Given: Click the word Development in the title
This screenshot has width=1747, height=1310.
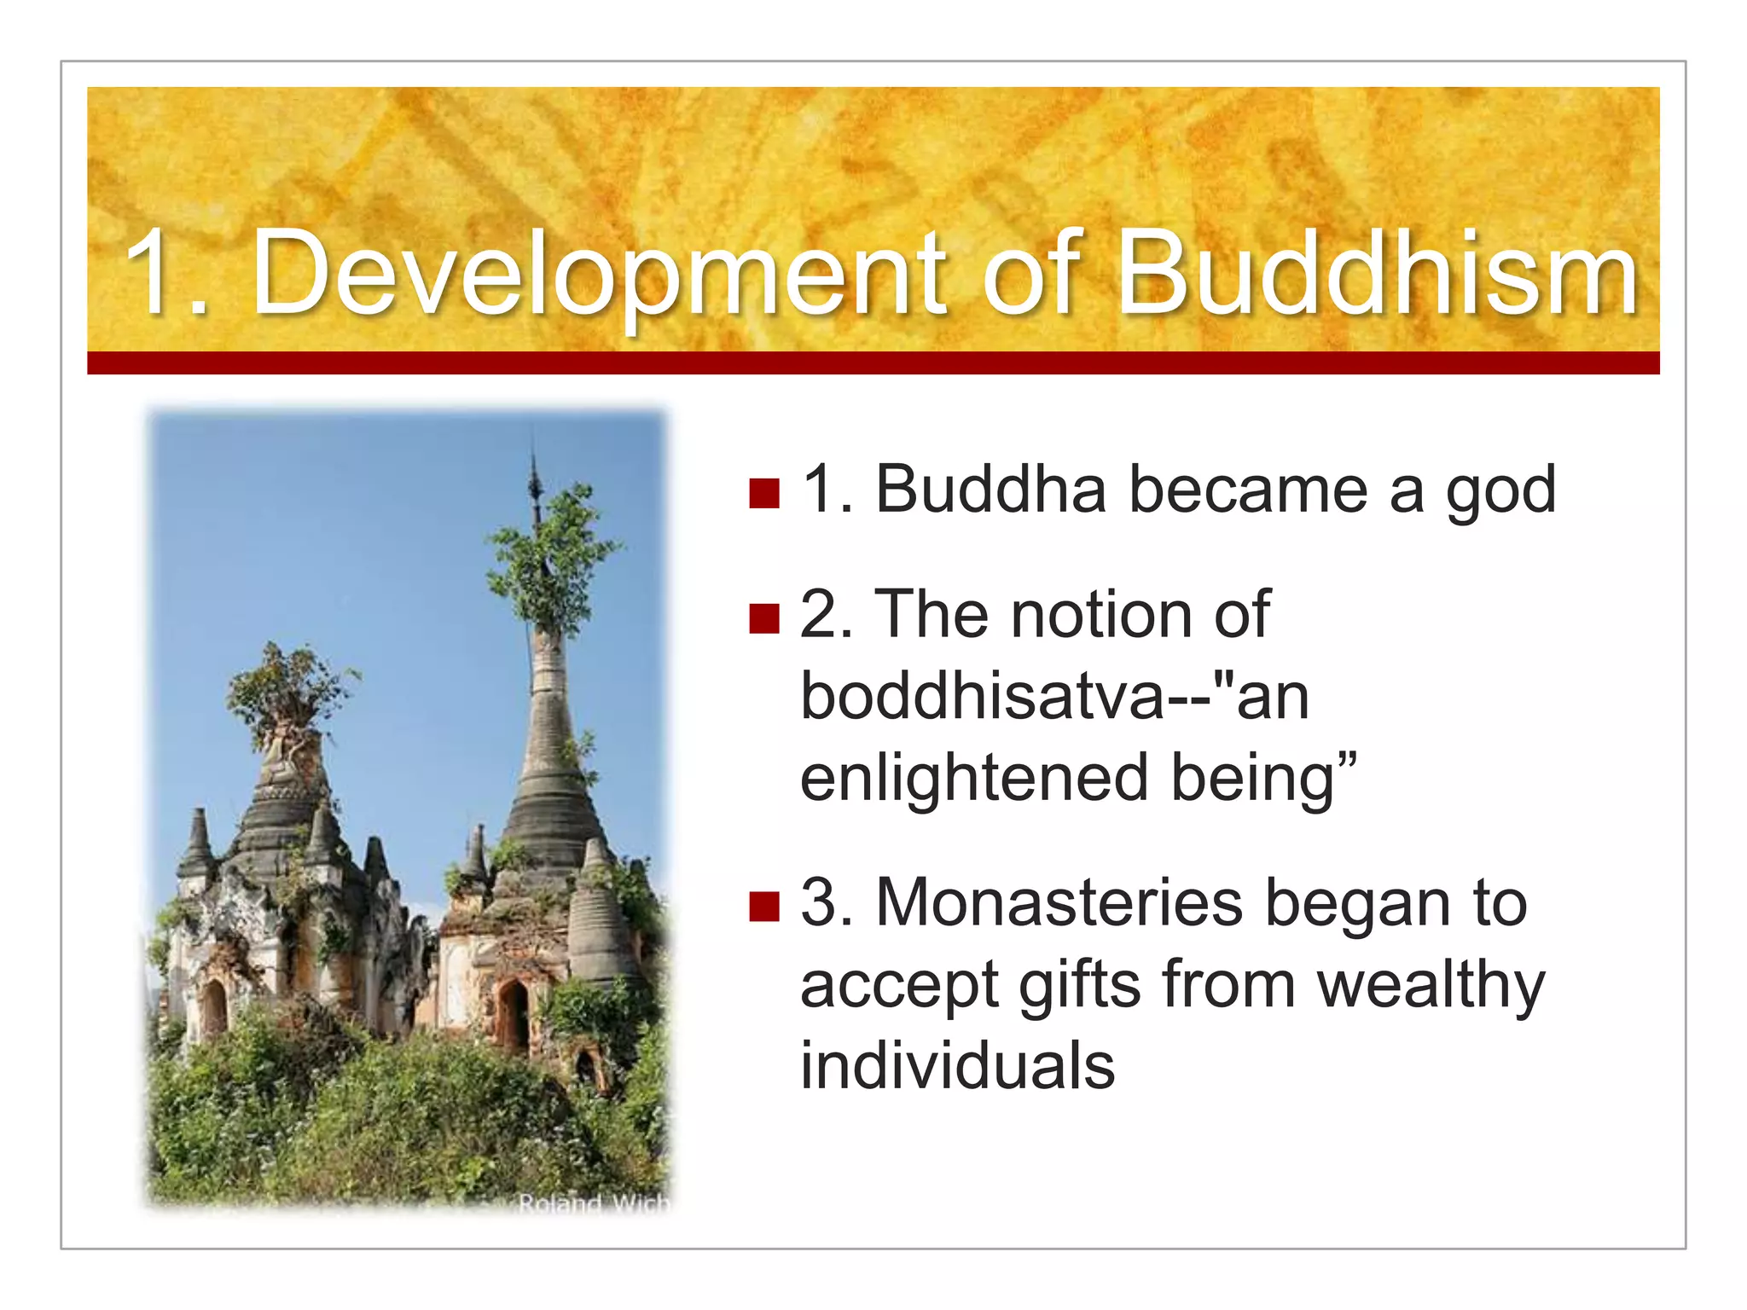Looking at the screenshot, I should coord(597,275).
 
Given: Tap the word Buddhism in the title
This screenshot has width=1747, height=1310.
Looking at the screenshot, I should coord(1376,275).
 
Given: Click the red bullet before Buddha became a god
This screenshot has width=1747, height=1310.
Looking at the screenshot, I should coord(764,493).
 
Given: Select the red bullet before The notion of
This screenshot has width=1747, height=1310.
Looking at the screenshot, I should coord(764,618).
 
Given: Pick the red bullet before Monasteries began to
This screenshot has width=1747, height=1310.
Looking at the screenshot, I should coord(764,907).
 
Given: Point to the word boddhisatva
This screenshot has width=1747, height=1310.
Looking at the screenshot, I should coord(981,696).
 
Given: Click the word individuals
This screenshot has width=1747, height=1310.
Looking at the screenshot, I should coord(957,1066).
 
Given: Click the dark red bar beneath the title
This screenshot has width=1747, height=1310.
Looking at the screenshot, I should coord(873,362).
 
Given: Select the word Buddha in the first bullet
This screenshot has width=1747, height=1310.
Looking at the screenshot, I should coord(990,491).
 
